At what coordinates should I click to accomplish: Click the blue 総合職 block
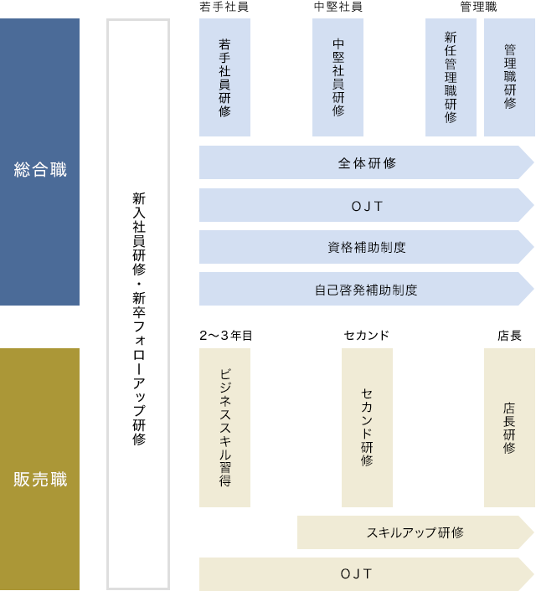click(x=39, y=162)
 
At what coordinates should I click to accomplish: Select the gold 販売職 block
click(x=39, y=469)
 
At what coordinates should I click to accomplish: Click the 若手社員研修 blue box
click(x=224, y=77)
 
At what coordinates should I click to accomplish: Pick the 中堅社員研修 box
click(x=338, y=77)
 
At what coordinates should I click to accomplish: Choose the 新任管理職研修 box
click(x=451, y=77)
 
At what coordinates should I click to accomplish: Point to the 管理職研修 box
click(x=509, y=77)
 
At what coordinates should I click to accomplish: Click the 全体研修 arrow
click(x=366, y=162)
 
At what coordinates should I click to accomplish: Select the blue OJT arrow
click(x=366, y=205)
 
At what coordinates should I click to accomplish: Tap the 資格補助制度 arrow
click(x=366, y=247)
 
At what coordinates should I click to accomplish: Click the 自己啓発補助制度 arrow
click(x=366, y=289)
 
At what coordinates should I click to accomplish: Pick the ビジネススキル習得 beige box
click(x=224, y=428)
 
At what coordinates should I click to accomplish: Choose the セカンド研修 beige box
click(x=367, y=428)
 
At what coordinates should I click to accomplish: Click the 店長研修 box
click(x=509, y=428)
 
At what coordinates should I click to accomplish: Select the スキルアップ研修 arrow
click(x=415, y=532)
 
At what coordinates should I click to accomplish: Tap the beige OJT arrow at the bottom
click(x=366, y=574)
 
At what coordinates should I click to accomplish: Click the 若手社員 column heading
click(x=224, y=7)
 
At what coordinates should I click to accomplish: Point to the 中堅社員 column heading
click(x=338, y=7)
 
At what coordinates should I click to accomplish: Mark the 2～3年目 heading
click(x=225, y=335)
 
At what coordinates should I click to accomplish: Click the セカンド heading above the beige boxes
click(x=366, y=335)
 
